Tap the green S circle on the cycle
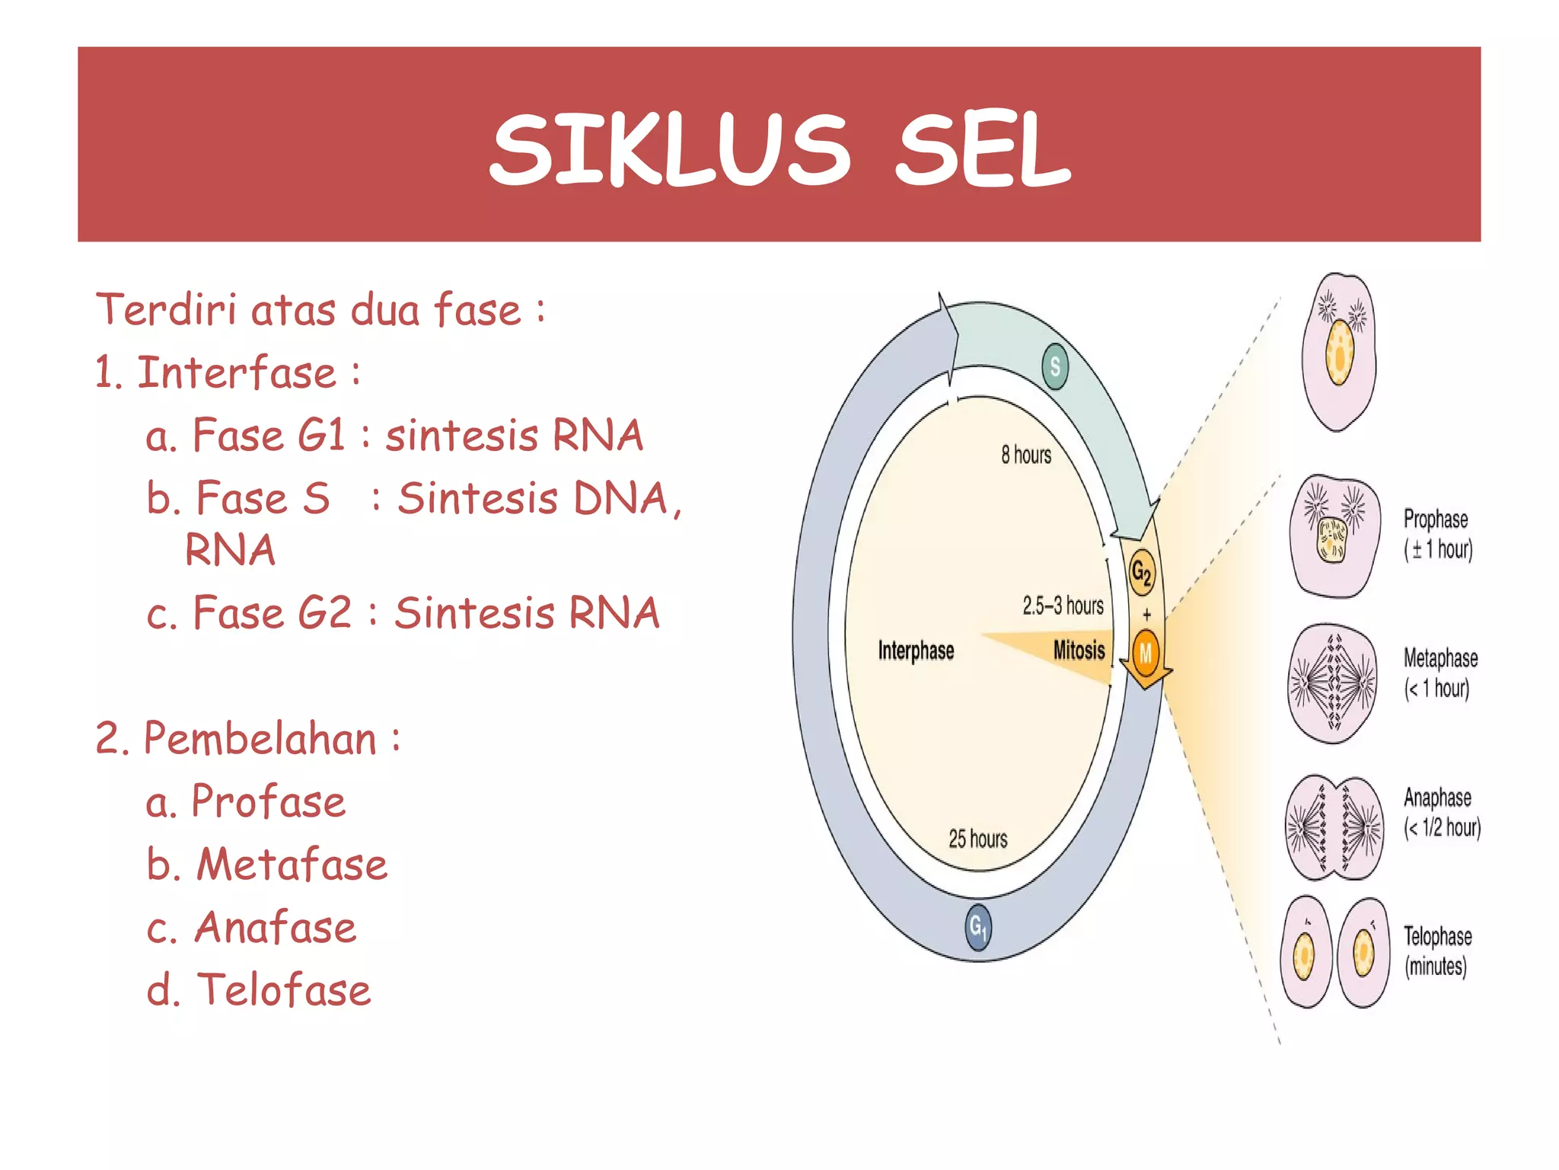click(1055, 366)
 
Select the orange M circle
click(1146, 653)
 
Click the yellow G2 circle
click(1141, 571)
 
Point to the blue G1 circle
click(978, 927)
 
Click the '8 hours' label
click(1026, 455)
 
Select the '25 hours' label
click(977, 839)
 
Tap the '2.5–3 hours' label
click(1063, 606)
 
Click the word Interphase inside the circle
click(916, 651)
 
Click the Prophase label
click(1436, 519)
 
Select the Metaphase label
click(1440, 658)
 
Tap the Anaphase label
click(1437, 798)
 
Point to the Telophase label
click(1437, 936)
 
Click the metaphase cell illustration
click(1333, 682)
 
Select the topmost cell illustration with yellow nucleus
click(1339, 352)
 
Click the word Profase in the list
click(268, 801)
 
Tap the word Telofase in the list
click(283, 989)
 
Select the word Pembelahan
click(260, 739)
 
